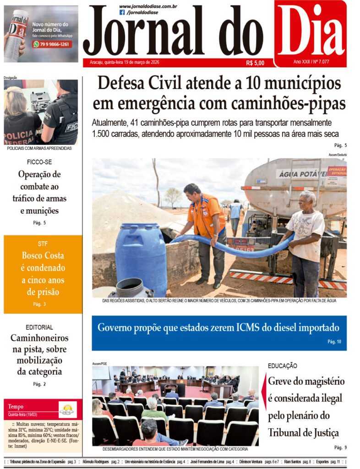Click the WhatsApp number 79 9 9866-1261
(x=54, y=44)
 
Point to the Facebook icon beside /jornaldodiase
(x=122, y=12)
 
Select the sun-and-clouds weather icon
(x=67, y=409)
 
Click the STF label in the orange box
(x=43, y=244)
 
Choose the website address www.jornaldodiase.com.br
(x=148, y=6)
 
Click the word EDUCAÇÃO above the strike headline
(x=282, y=366)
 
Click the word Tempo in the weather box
(x=16, y=407)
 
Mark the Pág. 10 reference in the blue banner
(x=334, y=342)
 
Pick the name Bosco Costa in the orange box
(x=43, y=256)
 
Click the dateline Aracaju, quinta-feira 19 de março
(x=121, y=62)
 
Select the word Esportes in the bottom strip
(x=319, y=462)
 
